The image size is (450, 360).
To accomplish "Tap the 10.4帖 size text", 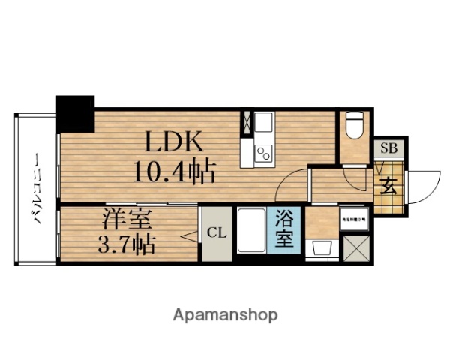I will coord(175,173).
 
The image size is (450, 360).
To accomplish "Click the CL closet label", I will coord(216,232).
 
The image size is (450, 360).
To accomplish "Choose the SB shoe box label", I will coord(389,148).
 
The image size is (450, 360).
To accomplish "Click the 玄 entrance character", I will coord(389,187).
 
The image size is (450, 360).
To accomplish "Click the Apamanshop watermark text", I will coord(226,313).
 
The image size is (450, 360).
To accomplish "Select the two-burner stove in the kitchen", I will coord(264,153).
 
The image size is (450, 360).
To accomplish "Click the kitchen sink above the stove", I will coord(264,124).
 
